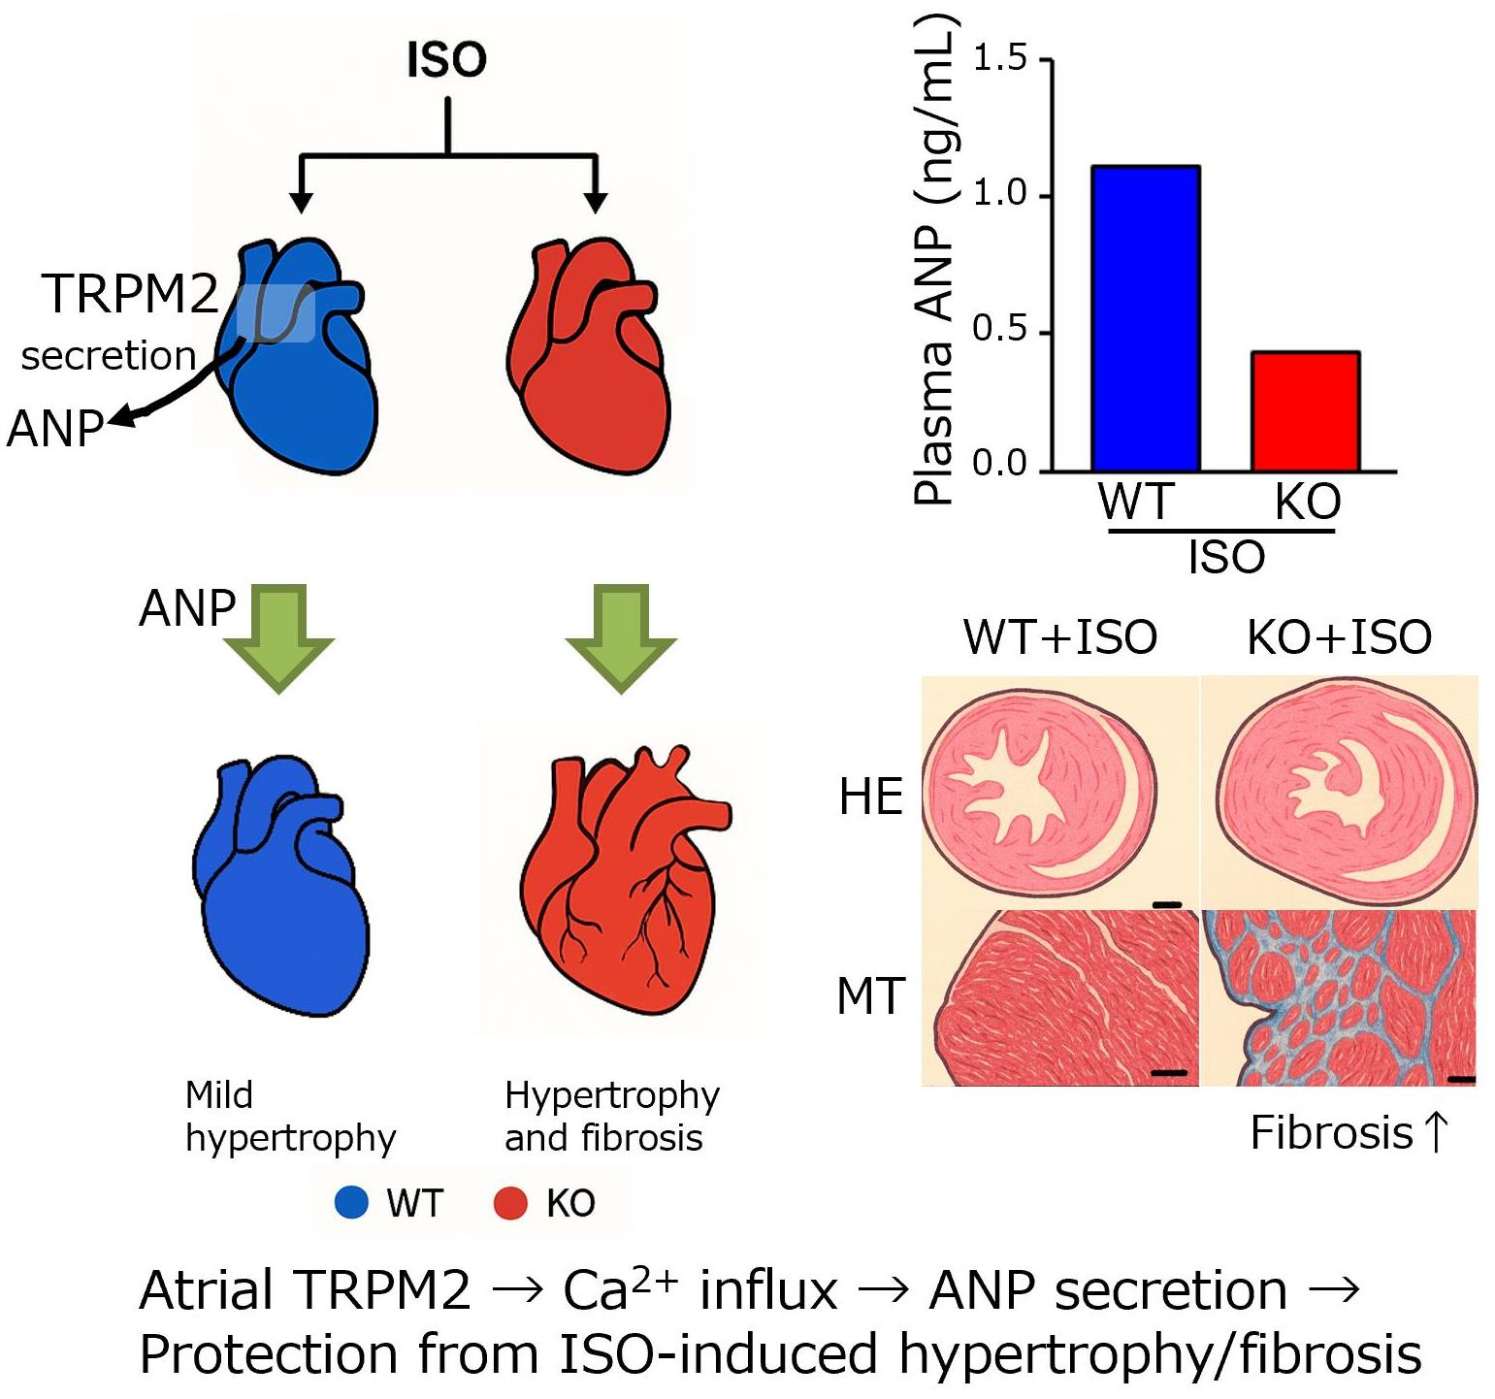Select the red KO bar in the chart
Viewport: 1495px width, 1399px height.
click(x=1305, y=411)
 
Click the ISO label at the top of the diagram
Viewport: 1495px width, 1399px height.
click(x=446, y=60)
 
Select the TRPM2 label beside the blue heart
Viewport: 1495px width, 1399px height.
click(x=130, y=294)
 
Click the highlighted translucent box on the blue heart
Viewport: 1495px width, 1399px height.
click(x=276, y=313)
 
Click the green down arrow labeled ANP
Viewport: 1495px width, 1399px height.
click(x=279, y=635)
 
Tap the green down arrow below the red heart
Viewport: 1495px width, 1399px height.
click(x=621, y=635)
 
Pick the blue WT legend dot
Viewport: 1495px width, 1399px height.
click(x=351, y=1202)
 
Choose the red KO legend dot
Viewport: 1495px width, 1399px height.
click(x=510, y=1203)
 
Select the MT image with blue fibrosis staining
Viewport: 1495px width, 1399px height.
click(x=1340, y=997)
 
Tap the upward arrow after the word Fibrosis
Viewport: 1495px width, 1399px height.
click(x=1436, y=1132)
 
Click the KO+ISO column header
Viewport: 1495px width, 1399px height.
click(x=1339, y=637)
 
